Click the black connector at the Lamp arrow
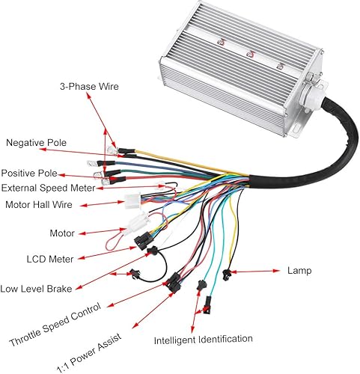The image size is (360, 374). tap(225, 275)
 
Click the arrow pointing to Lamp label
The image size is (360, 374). tap(258, 271)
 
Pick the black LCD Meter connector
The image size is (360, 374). tap(143, 239)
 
